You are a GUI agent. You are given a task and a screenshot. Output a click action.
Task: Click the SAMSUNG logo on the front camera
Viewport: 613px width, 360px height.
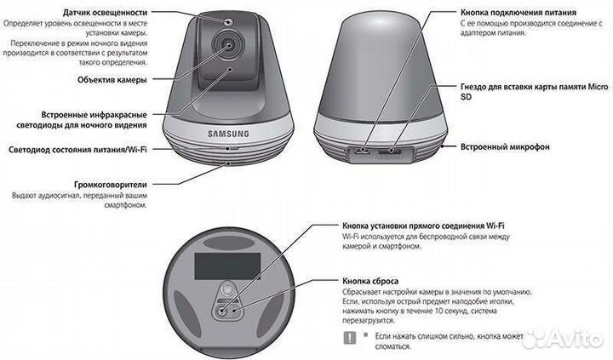(228, 134)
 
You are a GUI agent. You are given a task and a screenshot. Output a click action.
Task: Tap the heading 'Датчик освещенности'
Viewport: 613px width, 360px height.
(106, 13)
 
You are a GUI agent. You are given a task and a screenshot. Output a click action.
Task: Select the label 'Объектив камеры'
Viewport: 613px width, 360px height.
(112, 80)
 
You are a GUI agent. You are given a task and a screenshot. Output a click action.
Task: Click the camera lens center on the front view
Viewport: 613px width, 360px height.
(229, 45)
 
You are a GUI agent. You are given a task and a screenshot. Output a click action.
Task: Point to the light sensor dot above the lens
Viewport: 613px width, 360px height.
(229, 21)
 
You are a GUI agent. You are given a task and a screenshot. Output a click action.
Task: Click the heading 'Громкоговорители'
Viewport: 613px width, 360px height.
(111, 185)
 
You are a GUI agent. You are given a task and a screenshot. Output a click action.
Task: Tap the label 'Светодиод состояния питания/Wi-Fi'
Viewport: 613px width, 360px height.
(77, 150)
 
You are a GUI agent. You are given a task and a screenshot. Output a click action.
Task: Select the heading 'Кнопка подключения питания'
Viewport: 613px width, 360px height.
(518, 13)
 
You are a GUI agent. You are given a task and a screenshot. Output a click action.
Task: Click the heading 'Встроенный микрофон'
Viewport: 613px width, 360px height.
(505, 147)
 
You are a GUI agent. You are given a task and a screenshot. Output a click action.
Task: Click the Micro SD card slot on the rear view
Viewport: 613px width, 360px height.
(390, 151)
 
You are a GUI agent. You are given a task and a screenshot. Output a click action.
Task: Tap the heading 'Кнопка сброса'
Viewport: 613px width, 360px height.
(370, 281)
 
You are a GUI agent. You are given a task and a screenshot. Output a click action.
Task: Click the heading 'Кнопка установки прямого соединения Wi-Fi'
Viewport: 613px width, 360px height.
(423, 226)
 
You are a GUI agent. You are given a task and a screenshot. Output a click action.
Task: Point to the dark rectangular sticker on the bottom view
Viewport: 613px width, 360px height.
(227, 266)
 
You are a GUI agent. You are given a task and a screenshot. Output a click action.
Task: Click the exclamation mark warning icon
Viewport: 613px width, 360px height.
(350, 338)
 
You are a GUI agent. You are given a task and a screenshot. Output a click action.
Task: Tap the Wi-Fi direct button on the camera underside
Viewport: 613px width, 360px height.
(221, 311)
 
